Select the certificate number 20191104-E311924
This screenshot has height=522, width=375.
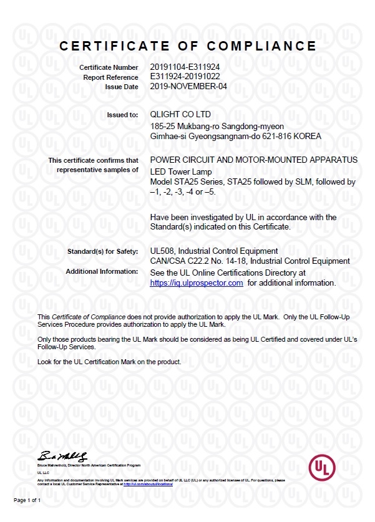point(185,67)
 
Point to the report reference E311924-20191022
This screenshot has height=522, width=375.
point(185,77)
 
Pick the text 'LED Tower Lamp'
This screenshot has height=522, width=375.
point(181,172)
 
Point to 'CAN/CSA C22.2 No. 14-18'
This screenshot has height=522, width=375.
point(198,261)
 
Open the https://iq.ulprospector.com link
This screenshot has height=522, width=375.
point(197,283)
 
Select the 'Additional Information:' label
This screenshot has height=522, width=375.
point(102,272)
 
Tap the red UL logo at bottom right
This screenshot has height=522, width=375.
point(322,467)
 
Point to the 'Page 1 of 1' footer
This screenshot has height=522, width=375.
point(27,501)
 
